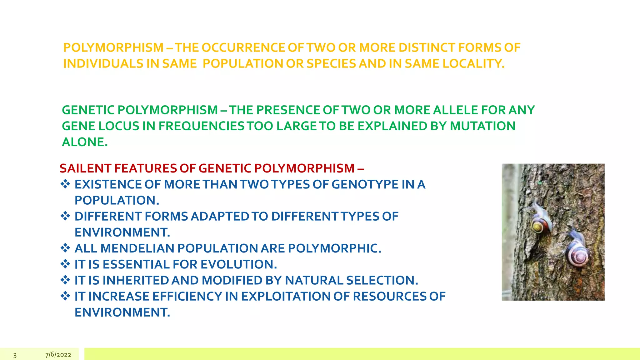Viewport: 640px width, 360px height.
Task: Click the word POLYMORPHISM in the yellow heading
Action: click(x=113, y=48)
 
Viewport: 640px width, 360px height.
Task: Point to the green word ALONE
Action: click(x=85, y=142)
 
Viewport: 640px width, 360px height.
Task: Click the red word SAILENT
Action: click(x=83, y=168)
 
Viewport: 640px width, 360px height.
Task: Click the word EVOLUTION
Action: click(x=238, y=264)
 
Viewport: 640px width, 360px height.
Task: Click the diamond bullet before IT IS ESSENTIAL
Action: click(x=65, y=264)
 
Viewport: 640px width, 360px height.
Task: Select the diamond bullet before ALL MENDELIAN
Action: click(x=65, y=248)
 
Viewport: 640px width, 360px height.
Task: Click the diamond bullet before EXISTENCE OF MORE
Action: click(x=65, y=184)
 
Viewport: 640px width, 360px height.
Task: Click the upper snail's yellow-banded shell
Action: click(x=540, y=226)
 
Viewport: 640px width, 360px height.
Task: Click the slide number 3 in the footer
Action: click(x=15, y=355)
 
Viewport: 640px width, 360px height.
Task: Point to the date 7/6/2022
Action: click(x=58, y=355)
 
